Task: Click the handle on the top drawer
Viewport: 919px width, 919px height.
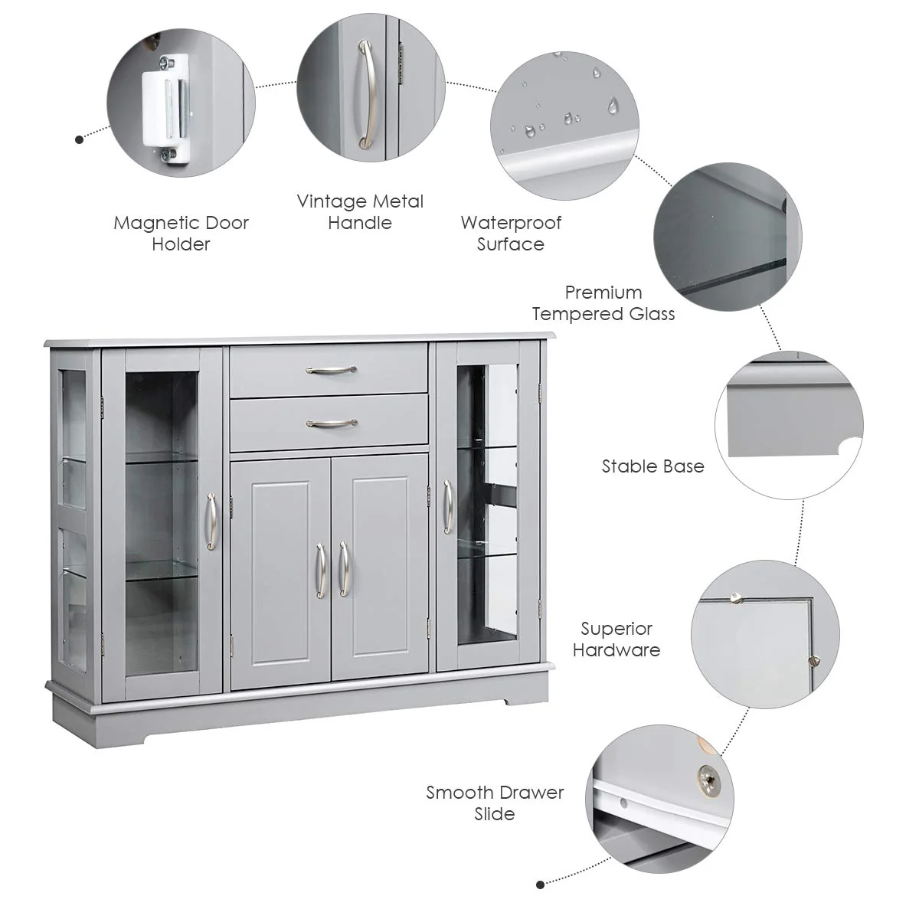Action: (x=331, y=370)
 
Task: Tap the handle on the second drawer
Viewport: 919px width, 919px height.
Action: (x=331, y=422)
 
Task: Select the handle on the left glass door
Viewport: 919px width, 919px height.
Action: (x=211, y=521)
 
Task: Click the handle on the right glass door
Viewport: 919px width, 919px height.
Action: (x=447, y=506)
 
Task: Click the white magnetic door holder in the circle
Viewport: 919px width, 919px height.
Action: (x=165, y=106)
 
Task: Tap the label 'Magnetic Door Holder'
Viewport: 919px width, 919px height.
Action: (x=181, y=234)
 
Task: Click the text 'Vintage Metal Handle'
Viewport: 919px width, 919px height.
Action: (x=360, y=212)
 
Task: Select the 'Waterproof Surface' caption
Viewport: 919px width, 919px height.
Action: (x=511, y=234)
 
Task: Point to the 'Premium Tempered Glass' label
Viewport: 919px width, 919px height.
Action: (x=603, y=303)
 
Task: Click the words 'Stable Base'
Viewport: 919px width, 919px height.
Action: (x=652, y=466)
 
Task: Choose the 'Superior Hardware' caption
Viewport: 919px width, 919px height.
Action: (x=616, y=639)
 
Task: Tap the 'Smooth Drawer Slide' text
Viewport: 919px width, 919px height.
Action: (x=495, y=803)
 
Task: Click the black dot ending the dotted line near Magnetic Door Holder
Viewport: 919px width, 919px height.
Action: (x=79, y=139)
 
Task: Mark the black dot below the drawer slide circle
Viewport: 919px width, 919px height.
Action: (x=540, y=885)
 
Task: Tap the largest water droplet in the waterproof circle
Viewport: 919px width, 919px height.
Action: (x=613, y=105)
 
